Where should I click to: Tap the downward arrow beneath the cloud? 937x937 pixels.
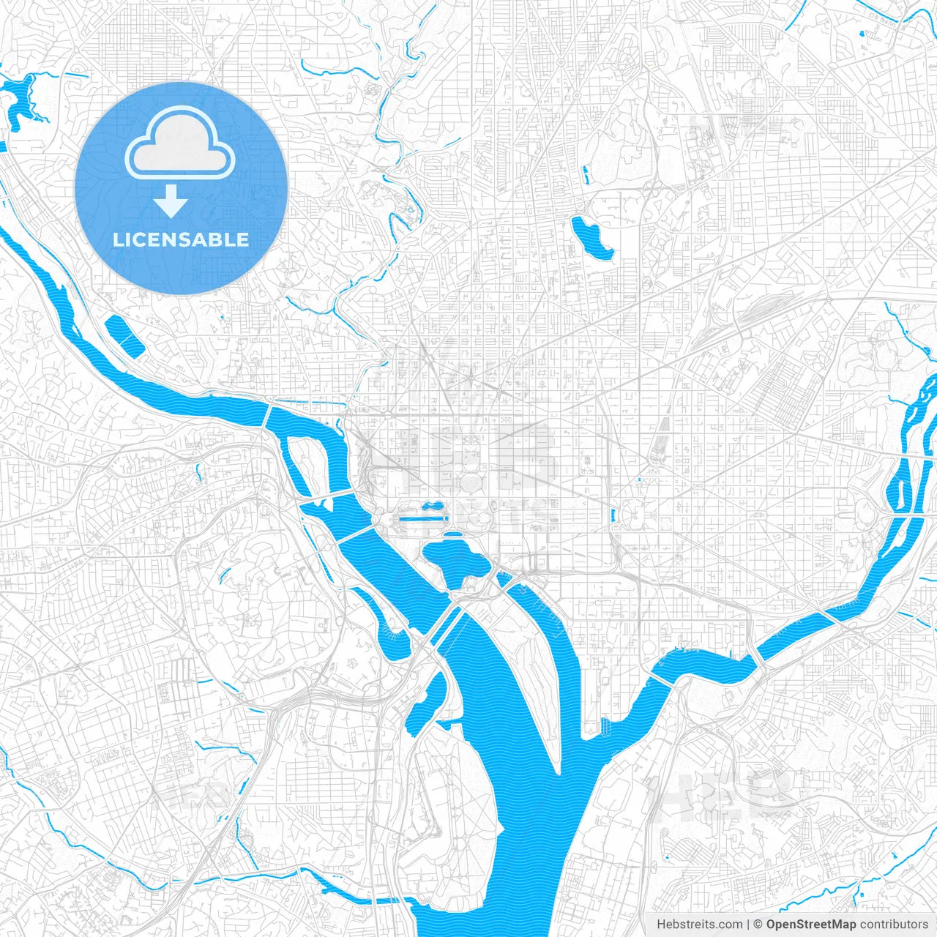[x=171, y=202]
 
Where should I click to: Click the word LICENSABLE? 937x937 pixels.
[x=181, y=239]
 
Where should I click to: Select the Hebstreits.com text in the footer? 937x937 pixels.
[x=699, y=925]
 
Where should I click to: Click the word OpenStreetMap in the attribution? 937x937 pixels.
[x=810, y=925]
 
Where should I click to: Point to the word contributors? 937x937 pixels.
[x=894, y=925]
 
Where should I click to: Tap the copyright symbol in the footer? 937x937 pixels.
[x=758, y=925]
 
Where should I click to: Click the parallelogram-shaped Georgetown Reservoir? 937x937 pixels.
[x=124, y=335]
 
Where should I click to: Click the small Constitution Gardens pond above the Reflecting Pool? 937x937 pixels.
[x=432, y=505]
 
